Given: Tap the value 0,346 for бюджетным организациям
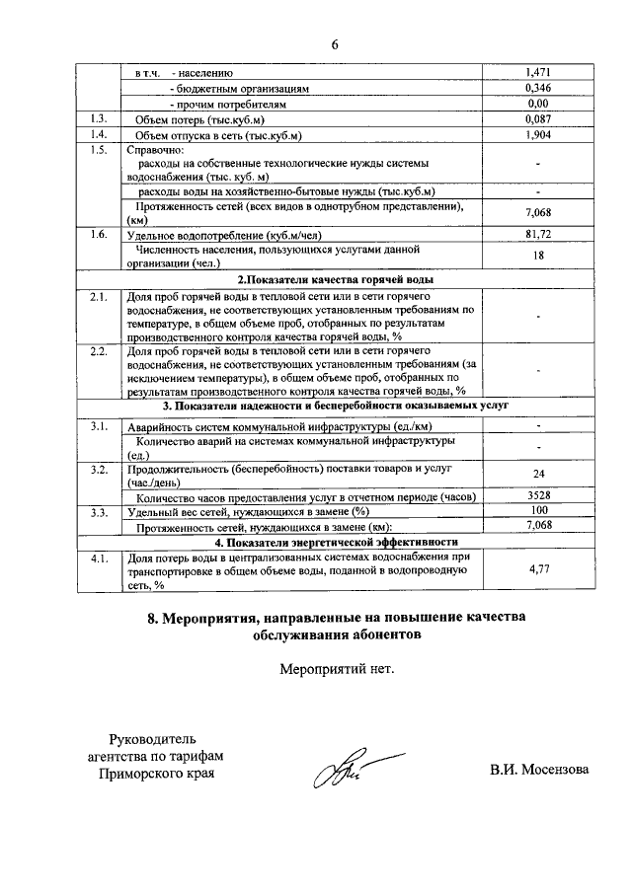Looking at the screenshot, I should tap(538, 88).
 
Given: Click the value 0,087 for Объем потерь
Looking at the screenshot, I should tap(538, 118).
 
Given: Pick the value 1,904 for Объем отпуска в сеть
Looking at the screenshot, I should tap(538, 134).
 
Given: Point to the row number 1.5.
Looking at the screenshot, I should tap(97, 150).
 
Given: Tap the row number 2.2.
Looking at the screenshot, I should tap(97, 350).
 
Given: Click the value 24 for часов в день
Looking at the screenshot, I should tap(538, 474).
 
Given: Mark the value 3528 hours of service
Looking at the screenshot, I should tap(538, 494).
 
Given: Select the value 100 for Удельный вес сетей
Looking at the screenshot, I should tap(538, 510).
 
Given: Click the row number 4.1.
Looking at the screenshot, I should tap(97, 558).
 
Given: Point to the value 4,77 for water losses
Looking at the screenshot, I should tap(538, 569).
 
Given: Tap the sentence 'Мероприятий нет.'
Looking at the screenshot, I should tap(336, 669).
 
